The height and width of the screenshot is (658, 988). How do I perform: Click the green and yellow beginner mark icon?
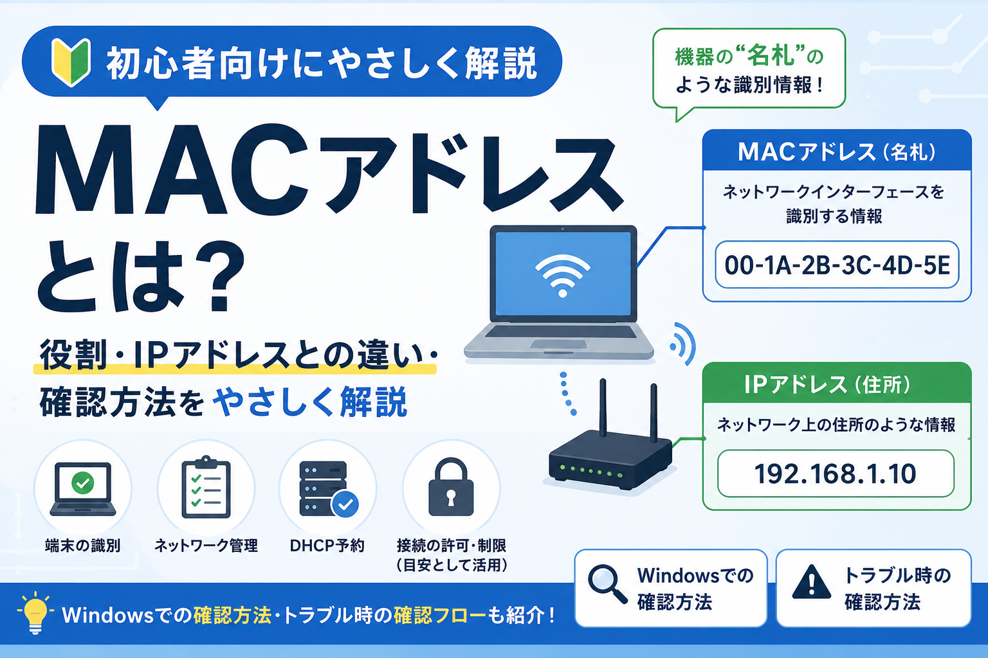coord(71,62)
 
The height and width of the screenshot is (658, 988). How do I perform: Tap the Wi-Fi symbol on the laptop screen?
coord(562,276)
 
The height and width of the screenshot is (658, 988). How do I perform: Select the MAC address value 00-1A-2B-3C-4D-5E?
coord(837,265)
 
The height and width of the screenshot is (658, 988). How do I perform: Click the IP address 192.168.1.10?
coord(835,474)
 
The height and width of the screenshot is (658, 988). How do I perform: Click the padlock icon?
coord(451,487)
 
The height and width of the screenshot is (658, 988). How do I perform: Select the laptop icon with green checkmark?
coord(82,489)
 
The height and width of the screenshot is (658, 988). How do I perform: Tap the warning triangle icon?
coord(811,582)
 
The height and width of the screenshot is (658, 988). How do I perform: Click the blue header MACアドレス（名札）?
coord(837,150)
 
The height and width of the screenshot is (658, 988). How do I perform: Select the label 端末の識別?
coord(82,546)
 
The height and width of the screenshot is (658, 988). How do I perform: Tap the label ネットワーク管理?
coord(206,546)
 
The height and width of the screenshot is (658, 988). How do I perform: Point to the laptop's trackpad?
coord(558,344)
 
